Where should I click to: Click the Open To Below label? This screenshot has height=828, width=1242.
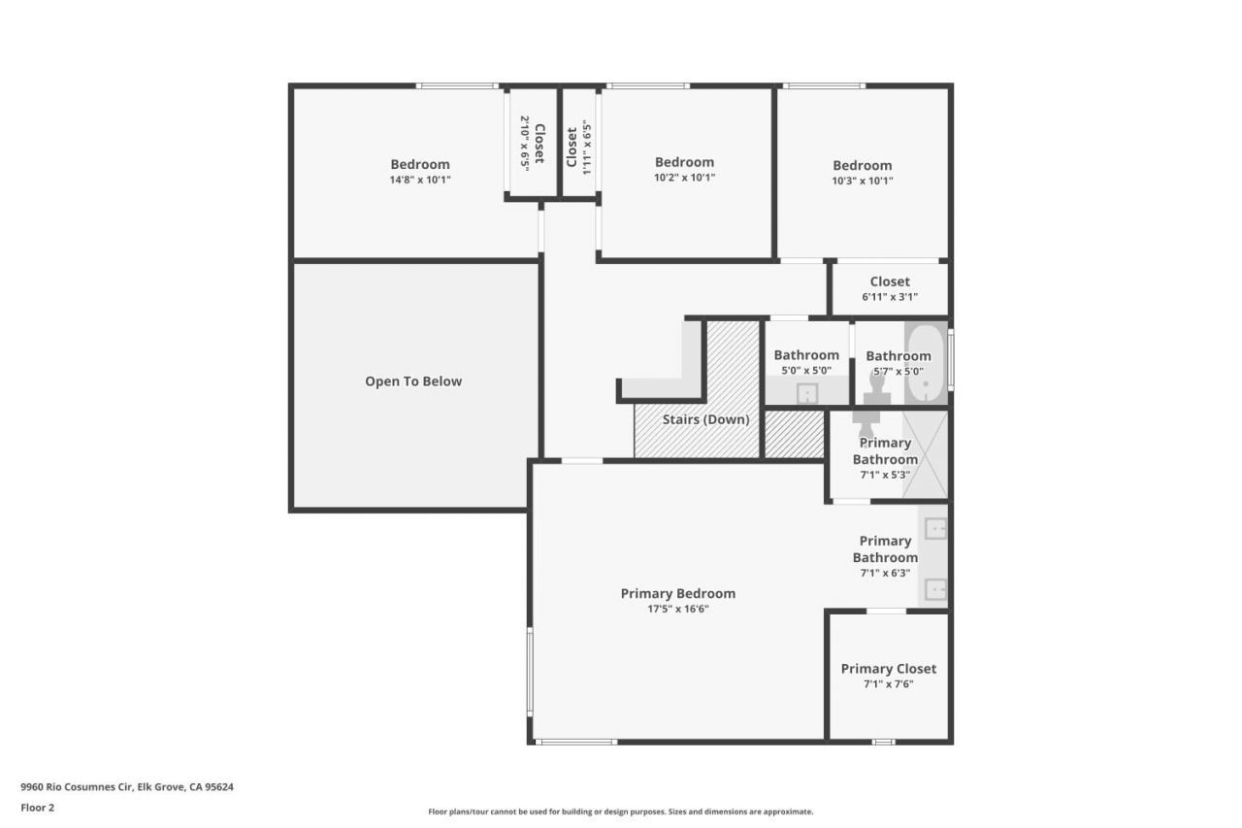pyautogui.click(x=413, y=381)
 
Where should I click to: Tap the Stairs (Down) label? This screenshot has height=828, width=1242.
pyautogui.click(x=705, y=419)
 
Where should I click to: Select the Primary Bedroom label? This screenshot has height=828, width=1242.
pyautogui.click(x=677, y=593)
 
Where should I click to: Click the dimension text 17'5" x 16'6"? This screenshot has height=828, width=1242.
pyautogui.click(x=677, y=610)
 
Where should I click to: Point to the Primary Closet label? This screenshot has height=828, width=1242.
pyautogui.click(x=888, y=668)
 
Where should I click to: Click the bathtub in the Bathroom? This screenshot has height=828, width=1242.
pyautogui.click(x=927, y=364)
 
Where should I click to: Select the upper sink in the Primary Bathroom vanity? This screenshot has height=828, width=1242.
pyautogui.click(x=935, y=529)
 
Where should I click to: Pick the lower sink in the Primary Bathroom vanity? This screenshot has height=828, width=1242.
pyautogui.click(x=935, y=588)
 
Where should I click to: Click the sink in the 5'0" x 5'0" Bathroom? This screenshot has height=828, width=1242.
pyautogui.click(x=807, y=392)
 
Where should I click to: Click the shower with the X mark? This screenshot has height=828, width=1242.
pyautogui.click(x=925, y=454)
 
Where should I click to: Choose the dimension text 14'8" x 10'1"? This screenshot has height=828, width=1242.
pyautogui.click(x=420, y=180)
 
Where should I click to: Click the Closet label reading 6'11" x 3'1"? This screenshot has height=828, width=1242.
pyautogui.click(x=889, y=282)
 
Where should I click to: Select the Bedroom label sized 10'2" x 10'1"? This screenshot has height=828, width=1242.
pyautogui.click(x=684, y=162)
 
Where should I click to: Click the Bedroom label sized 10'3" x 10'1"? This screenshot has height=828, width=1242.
pyautogui.click(x=862, y=165)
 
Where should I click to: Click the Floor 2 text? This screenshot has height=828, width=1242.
pyautogui.click(x=38, y=807)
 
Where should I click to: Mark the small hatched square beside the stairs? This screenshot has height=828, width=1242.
pyautogui.click(x=794, y=434)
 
